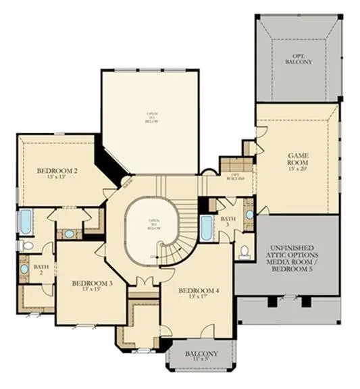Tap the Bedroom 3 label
[x=92, y=283]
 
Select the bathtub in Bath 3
[x=207, y=228]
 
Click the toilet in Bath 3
[x=245, y=252]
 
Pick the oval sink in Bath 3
[x=249, y=215]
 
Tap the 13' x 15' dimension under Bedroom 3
[x=92, y=290]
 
